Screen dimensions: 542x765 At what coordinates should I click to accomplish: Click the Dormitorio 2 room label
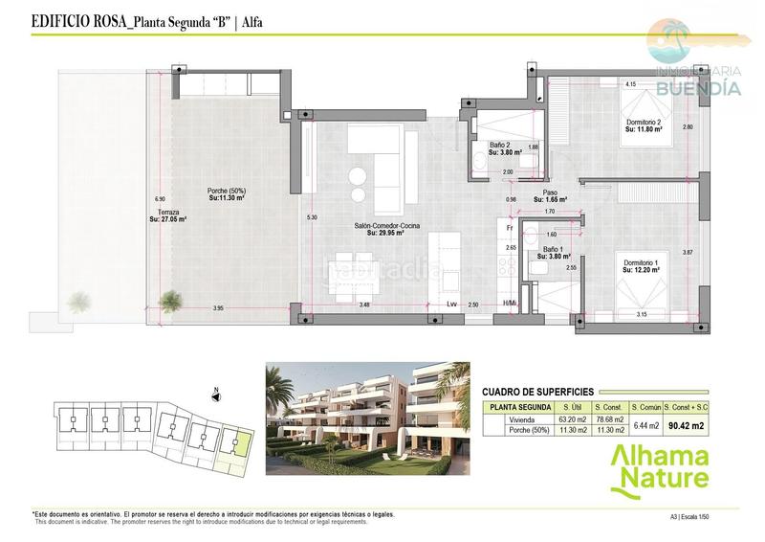(x=644, y=123)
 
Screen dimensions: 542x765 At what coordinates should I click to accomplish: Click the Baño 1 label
(x=552, y=250)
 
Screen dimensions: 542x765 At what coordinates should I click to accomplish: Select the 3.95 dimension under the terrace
(x=217, y=307)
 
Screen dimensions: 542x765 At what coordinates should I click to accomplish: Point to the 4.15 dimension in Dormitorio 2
(x=631, y=85)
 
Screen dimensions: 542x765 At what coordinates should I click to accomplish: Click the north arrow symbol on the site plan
(x=217, y=392)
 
